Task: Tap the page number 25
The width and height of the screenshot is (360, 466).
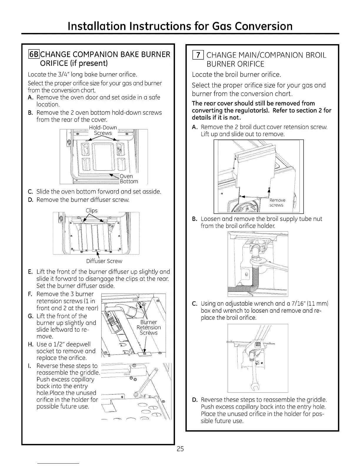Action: click(180, 449)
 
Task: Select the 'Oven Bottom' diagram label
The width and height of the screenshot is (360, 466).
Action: click(129, 179)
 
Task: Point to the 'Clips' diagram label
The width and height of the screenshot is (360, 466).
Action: click(91, 210)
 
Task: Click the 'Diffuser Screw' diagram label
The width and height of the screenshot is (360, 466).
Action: click(104, 261)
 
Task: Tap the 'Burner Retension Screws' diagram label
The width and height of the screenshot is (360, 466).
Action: click(149, 327)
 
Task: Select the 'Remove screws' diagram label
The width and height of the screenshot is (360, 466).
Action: click(277, 203)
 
